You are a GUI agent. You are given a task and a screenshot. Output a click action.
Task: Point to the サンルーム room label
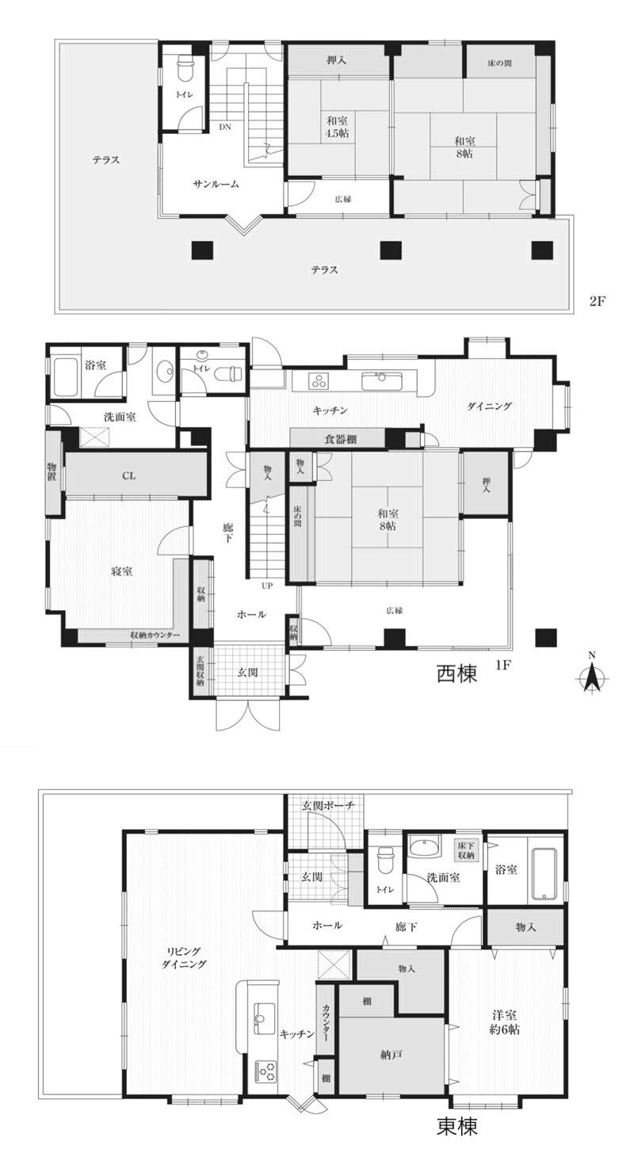[x=216, y=184]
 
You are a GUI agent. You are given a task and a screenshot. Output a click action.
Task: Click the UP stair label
[x=268, y=587]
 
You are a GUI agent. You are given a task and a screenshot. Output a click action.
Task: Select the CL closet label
[x=128, y=476]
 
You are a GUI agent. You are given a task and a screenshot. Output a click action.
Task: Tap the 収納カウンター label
[x=155, y=636]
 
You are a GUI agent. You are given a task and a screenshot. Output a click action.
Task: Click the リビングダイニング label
[x=183, y=957]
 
